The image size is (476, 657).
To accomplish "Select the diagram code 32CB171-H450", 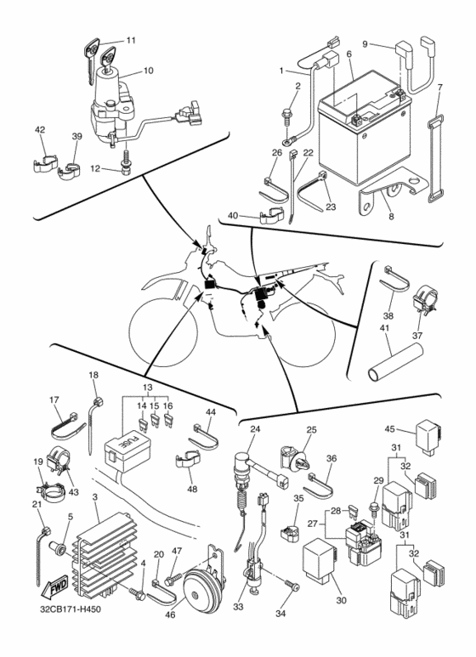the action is tap(67, 609).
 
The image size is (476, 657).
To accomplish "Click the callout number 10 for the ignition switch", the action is tap(149, 71).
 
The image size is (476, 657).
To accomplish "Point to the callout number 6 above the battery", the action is tap(349, 54).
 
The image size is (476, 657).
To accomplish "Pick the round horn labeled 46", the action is tap(202, 589).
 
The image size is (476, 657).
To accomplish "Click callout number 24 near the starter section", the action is tap(255, 429).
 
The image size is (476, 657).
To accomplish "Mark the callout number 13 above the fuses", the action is tap(148, 388).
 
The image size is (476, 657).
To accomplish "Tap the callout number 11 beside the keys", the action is tap(131, 40).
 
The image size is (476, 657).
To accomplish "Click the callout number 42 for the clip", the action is tap(40, 130).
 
